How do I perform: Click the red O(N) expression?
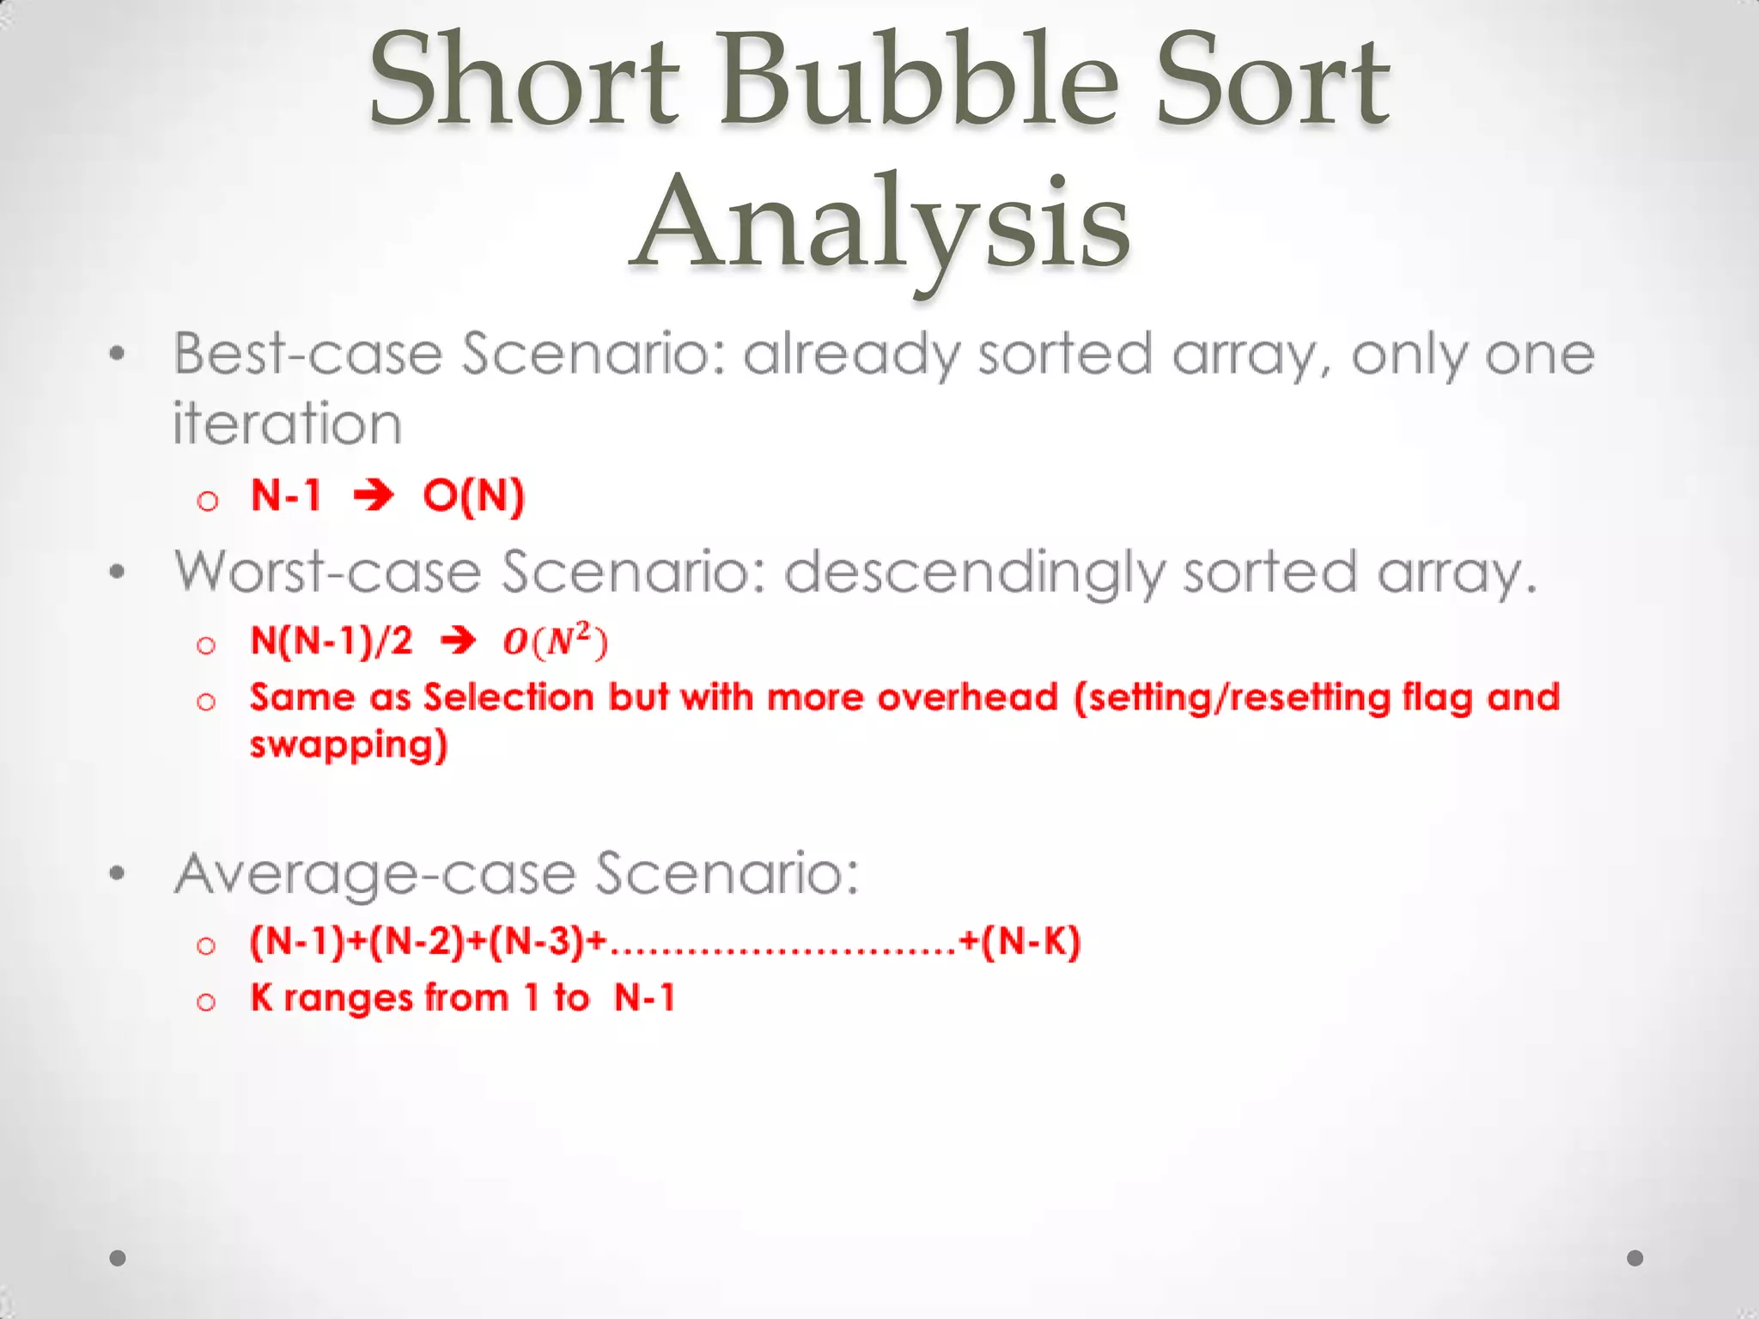tap(473, 496)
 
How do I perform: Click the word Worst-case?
tap(327, 572)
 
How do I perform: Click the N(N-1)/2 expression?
tap(332, 641)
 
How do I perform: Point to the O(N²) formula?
tap(555, 641)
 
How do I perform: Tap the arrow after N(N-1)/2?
tap(458, 641)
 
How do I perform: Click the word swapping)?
tap(349, 745)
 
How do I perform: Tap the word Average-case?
tap(374, 874)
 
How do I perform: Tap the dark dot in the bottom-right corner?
tap(1635, 1258)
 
